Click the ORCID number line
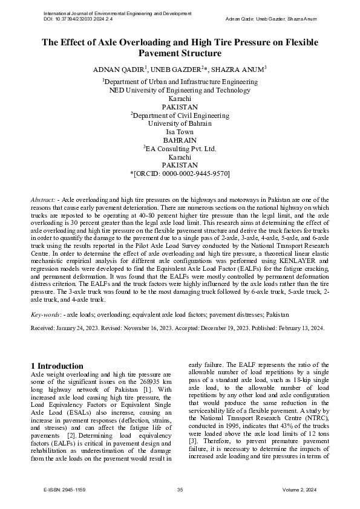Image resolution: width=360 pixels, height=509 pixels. click(180, 173)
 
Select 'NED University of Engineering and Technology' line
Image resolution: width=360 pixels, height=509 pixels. click(180, 90)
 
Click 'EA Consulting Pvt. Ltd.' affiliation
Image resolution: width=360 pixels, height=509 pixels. click(180, 148)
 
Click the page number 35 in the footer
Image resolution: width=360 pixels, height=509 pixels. click(180, 490)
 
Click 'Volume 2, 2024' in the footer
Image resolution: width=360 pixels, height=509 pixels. click(304, 490)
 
